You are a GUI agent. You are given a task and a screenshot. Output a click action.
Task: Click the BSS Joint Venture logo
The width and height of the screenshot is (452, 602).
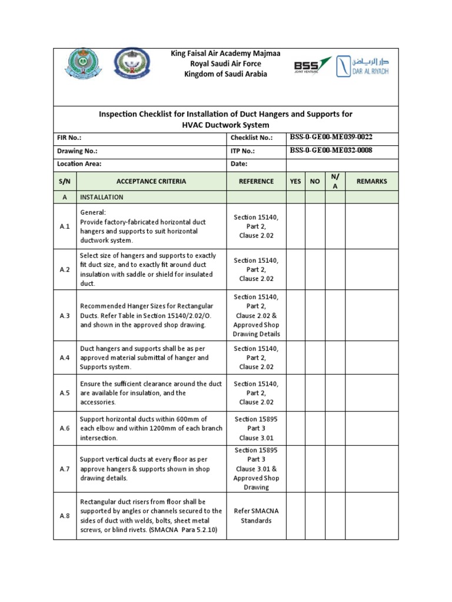coord(313,66)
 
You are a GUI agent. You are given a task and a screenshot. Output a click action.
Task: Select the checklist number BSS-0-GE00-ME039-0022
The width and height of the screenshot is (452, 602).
coord(331,137)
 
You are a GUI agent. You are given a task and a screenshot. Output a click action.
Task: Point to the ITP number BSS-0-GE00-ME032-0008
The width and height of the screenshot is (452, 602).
coord(331,150)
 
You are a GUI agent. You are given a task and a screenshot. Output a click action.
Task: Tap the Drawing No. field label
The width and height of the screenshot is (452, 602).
coord(77,151)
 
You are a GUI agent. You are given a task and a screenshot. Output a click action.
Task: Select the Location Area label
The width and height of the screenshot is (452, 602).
coord(79,164)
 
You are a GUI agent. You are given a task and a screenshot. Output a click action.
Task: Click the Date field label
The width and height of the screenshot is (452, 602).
coord(239,164)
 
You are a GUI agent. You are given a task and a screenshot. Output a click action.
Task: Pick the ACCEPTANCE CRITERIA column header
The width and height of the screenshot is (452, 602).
coord(151,181)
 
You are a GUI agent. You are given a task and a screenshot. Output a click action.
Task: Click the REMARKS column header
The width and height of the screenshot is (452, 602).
coord(371,181)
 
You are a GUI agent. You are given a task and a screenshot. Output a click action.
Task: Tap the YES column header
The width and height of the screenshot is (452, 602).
coord(295,181)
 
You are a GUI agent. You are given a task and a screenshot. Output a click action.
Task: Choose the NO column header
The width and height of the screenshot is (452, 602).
coord(315,181)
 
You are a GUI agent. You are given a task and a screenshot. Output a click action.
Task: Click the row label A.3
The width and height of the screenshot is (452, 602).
coord(65,316)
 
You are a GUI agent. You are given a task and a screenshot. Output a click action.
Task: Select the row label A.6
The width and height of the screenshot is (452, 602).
coord(65,429)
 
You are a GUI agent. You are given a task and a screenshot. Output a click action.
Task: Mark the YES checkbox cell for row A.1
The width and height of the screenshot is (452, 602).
coord(295,226)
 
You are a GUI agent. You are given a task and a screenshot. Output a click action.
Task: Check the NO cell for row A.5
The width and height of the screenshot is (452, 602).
coord(315,393)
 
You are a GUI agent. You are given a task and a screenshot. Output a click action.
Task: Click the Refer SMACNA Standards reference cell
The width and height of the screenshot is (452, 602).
coord(256,516)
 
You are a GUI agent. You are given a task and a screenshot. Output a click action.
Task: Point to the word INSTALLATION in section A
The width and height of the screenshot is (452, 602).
coord(102,197)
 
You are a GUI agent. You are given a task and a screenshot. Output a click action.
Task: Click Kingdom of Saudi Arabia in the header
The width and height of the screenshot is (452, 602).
coord(225,74)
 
